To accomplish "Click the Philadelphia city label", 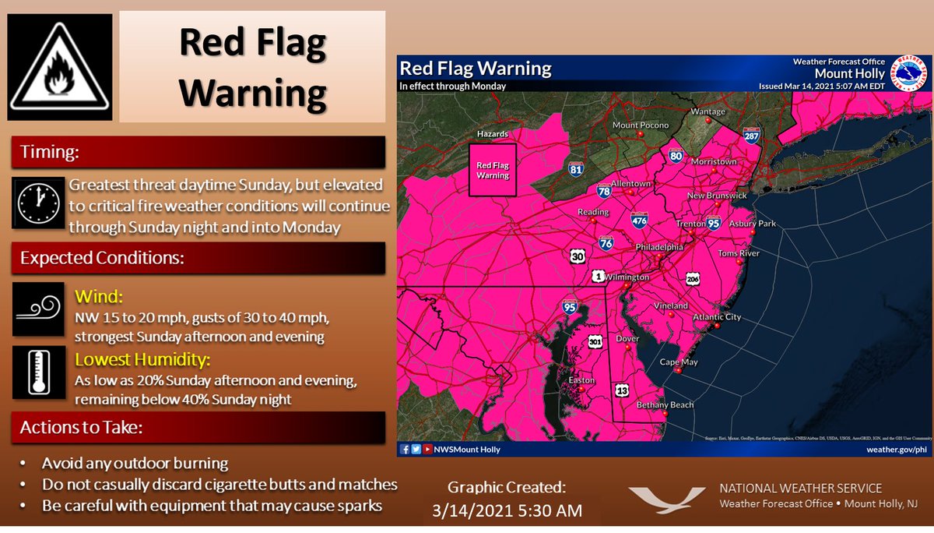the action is point(660,247).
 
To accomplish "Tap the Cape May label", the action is point(679,362).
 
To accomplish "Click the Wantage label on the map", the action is point(708,111).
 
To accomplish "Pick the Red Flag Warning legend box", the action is point(492,169).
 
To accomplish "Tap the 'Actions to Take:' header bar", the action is point(198,429).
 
